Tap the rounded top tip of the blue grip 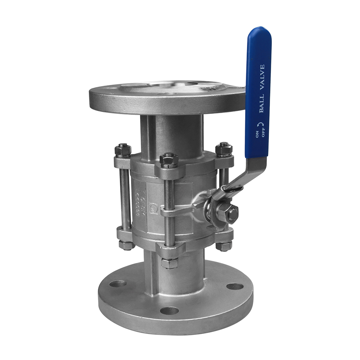[x=259, y=31]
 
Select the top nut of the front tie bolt [x=168, y=160]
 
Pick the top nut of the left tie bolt [x=123, y=150]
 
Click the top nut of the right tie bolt [x=224, y=149]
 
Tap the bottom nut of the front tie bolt [x=169, y=263]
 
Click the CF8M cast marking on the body [x=141, y=196]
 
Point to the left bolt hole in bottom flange [x=118, y=283]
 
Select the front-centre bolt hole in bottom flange [x=170, y=310]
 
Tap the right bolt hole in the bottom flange [x=235, y=287]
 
